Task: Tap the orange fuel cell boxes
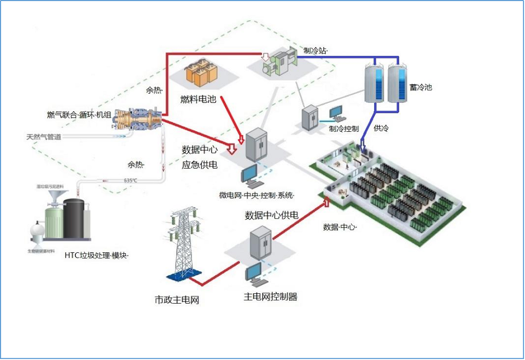click(200, 73)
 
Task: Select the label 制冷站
click(316, 50)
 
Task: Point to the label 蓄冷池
click(421, 86)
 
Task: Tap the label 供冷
click(381, 129)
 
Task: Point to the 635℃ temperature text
click(130, 181)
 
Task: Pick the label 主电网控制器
click(270, 297)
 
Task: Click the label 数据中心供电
click(271, 215)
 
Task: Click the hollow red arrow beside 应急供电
click(232, 149)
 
